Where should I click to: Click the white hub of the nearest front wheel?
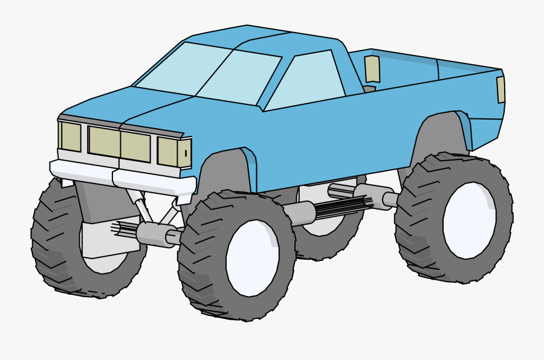(x=253, y=259)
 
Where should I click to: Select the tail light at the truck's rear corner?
(x=500, y=89)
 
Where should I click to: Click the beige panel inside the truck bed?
(x=372, y=69)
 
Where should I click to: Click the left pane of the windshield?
(x=181, y=68)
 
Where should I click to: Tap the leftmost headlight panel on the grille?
(x=71, y=137)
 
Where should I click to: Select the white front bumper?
(x=121, y=176)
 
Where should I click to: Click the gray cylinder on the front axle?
(x=154, y=234)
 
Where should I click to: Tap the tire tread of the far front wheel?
(x=48, y=242)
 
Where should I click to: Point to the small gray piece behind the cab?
(x=369, y=89)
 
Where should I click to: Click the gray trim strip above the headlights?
(x=121, y=124)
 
